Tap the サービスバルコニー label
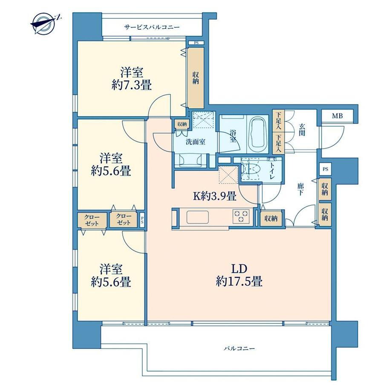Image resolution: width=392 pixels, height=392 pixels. pyautogui.click(x=152, y=27)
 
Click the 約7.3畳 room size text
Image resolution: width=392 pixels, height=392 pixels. pyautogui.click(x=132, y=86)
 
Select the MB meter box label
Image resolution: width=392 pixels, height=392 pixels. pyautogui.click(x=337, y=116)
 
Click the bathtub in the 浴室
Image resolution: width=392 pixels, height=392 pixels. pyautogui.click(x=259, y=133)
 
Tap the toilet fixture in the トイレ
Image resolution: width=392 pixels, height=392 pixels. pyautogui.click(x=251, y=169)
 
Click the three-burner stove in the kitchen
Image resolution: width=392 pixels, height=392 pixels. pyautogui.click(x=241, y=216)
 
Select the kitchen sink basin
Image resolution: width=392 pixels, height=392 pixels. pyautogui.click(x=198, y=217)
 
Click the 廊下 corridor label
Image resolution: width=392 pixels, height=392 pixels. pyautogui.click(x=300, y=189)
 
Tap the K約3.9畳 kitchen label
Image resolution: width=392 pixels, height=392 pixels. pyautogui.click(x=215, y=196)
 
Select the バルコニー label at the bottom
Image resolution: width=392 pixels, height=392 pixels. pyautogui.click(x=239, y=348)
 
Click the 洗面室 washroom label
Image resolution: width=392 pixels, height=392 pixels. pyautogui.click(x=196, y=142)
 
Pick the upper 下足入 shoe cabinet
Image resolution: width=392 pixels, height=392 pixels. pyautogui.click(x=278, y=121)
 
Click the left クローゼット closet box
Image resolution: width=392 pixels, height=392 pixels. pyautogui.click(x=92, y=220)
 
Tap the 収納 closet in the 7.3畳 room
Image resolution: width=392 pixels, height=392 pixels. pyautogui.click(x=196, y=78)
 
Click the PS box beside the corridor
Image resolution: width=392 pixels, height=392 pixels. pyautogui.click(x=325, y=169)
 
